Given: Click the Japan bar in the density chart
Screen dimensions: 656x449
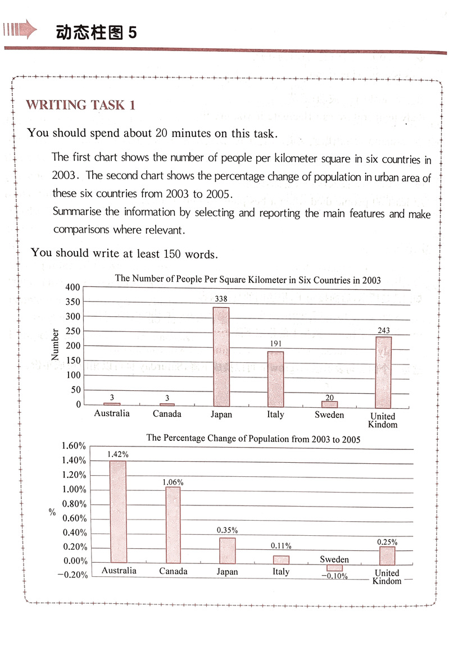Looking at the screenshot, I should click(221, 357).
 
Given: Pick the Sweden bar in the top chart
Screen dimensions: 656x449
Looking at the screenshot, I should click(330, 404).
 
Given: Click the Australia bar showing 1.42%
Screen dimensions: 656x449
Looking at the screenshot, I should click(118, 511).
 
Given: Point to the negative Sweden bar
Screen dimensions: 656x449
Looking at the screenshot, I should click(334, 567).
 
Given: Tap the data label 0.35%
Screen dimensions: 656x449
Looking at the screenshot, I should click(227, 531).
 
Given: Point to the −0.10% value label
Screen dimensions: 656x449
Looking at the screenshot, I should click(334, 576).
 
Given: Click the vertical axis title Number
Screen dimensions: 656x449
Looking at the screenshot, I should click(55, 344).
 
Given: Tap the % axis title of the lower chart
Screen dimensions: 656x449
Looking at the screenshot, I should click(52, 512).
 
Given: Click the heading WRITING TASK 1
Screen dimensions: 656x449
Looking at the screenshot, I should click(81, 105).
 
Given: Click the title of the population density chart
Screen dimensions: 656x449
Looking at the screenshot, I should click(247, 280).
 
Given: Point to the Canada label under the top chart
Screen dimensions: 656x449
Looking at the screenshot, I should click(167, 414).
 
